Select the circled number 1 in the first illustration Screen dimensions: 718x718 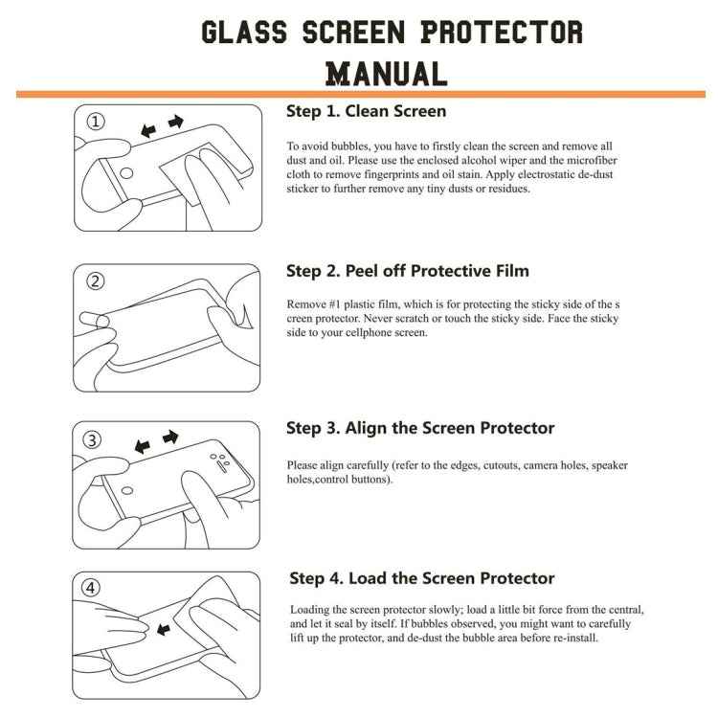96,122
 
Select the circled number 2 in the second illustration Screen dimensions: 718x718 96,281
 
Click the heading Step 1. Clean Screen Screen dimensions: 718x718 366,111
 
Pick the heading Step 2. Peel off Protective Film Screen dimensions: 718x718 408,271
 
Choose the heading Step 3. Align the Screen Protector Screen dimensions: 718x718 420,428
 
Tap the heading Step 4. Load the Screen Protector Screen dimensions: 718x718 422,578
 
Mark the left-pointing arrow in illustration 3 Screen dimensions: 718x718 144,446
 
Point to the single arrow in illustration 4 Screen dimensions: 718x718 163,629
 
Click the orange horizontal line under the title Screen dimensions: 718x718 360,94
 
